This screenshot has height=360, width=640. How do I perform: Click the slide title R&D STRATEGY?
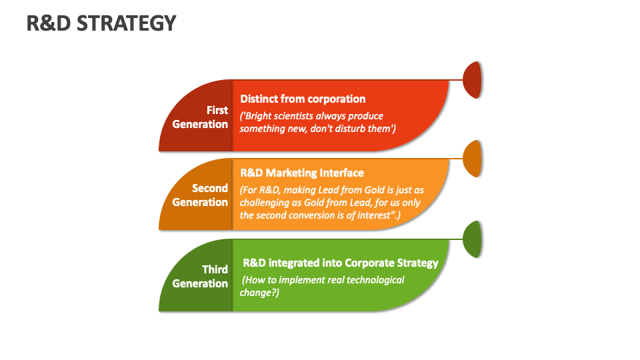coord(101,23)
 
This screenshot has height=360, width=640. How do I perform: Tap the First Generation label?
coord(200,117)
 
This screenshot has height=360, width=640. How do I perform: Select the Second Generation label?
coord(200,195)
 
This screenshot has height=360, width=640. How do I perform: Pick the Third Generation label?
coord(200,277)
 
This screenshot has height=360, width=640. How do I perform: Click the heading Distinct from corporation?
coord(303,99)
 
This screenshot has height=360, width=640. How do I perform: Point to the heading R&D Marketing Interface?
coord(302,173)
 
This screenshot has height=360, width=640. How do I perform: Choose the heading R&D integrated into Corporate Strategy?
coord(340,263)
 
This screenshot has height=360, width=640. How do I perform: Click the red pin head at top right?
coord(472,80)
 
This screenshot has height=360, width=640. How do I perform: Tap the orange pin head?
coord(472,159)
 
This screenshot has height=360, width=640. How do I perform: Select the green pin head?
coord(472,239)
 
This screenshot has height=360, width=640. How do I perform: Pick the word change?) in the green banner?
coord(259,292)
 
